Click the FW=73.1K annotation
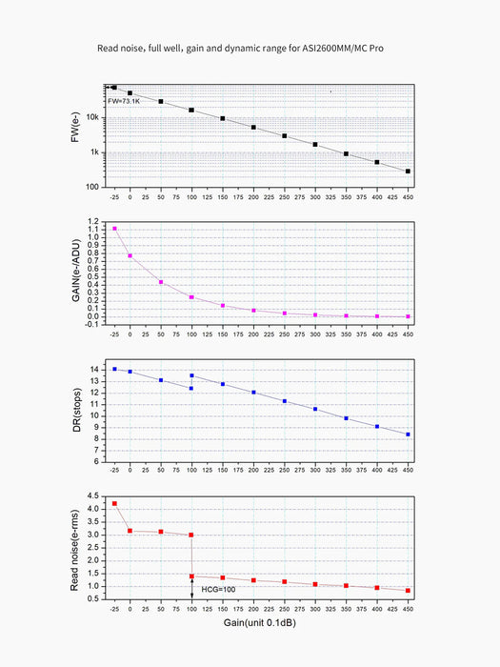[122, 99]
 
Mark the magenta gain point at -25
[114, 229]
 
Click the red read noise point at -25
[114, 503]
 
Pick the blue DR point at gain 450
[408, 435]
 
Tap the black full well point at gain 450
[408, 172]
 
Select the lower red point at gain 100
[191, 576]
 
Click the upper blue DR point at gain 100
[191, 375]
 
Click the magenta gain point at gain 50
[161, 282]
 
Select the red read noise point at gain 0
[130, 531]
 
